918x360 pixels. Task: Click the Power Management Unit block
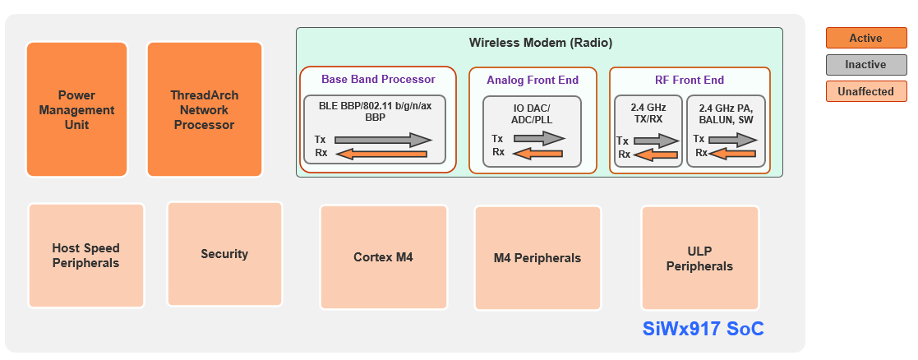pyautogui.click(x=77, y=109)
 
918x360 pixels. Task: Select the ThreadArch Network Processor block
pyautogui.click(x=204, y=109)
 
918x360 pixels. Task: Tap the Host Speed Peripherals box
pyautogui.click(x=85, y=256)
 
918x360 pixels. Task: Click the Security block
pyautogui.click(x=224, y=254)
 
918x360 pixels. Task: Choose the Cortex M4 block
pyautogui.click(x=383, y=256)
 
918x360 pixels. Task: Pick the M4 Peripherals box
pyautogui.click(x=537, y=257)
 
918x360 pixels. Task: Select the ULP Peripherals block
pyautogui.click(x=699, y=258)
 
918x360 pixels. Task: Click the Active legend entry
pyautogui.click(x=865, y=39)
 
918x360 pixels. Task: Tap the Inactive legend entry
pyautogui.click(x=865, y=65)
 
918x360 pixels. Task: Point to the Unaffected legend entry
pyautogui.click(x=865, y=91)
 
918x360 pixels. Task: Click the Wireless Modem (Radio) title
pyautogui.click(x=540, y=42)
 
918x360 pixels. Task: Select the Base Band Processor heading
pyautogui.click(x=378, y=79)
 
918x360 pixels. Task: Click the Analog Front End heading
pyautogui.click(x=533, y=80)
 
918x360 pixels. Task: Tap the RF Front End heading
pyautogui.click(x=690, y=80)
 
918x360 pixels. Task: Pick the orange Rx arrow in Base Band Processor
pyautogui.click(x=381, y=153)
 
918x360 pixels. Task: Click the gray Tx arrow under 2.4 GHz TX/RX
pyautogui.click(x=656, y=141)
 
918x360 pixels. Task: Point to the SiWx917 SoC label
pyautogui.click(x=703, y=329)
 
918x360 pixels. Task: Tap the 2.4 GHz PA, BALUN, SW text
pyautogui.click(x=726, y=113)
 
